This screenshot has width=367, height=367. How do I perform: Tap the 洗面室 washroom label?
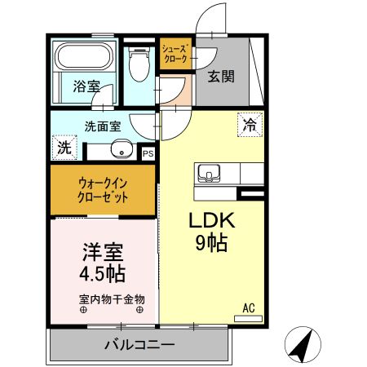click(x=104, y=126)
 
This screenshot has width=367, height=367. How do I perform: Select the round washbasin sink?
click(x=121, y=149)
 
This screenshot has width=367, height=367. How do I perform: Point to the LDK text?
click(x=213, y=221)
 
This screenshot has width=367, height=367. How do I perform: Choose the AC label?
click(x=249, y=308)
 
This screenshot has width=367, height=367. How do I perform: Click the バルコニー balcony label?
click(x=139, y=345)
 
